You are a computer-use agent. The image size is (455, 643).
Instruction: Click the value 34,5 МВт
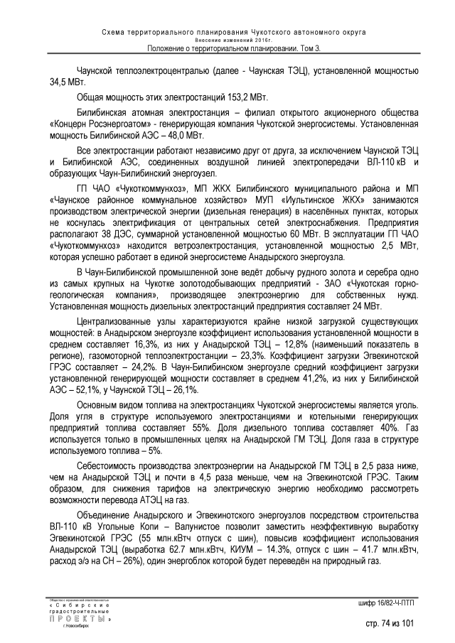[x=66, y=82]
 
